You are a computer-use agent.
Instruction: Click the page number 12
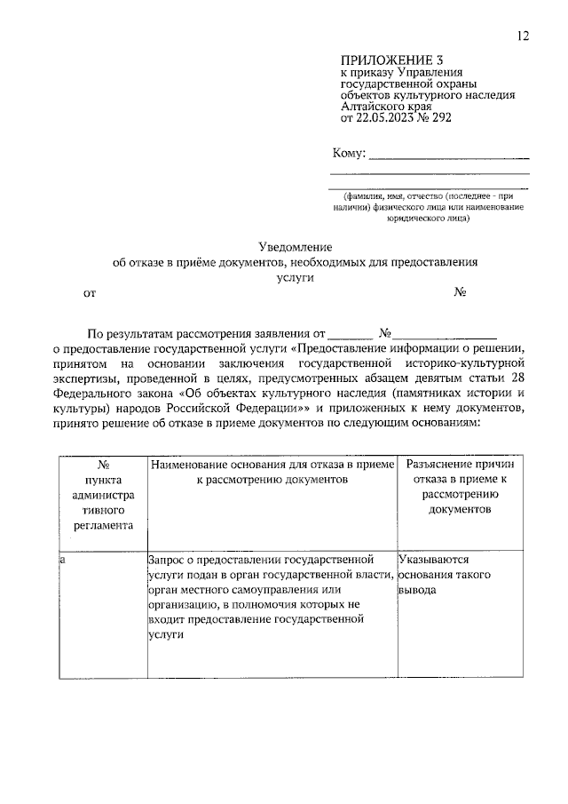524,36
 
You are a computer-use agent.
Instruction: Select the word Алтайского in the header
377,105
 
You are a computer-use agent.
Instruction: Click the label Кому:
348,154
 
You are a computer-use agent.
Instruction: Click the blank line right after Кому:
449,155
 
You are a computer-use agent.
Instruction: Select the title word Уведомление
295,247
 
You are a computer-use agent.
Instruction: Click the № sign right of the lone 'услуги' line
461,292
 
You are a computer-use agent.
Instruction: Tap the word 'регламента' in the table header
104,525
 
